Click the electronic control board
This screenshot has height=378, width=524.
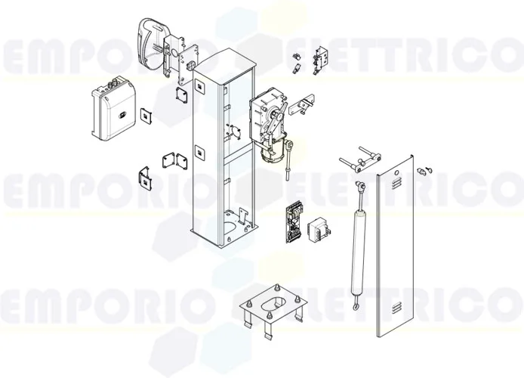[x=293, y=221]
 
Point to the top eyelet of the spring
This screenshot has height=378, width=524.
[x=363, y=183]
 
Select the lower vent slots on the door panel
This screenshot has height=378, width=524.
[x=396, y=310]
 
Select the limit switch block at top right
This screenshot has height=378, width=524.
[x=322, y=54]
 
